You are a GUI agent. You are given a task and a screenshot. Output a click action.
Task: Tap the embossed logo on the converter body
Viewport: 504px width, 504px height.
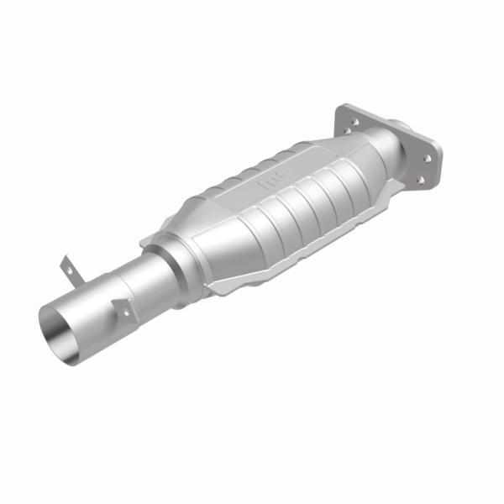pos(272,179)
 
